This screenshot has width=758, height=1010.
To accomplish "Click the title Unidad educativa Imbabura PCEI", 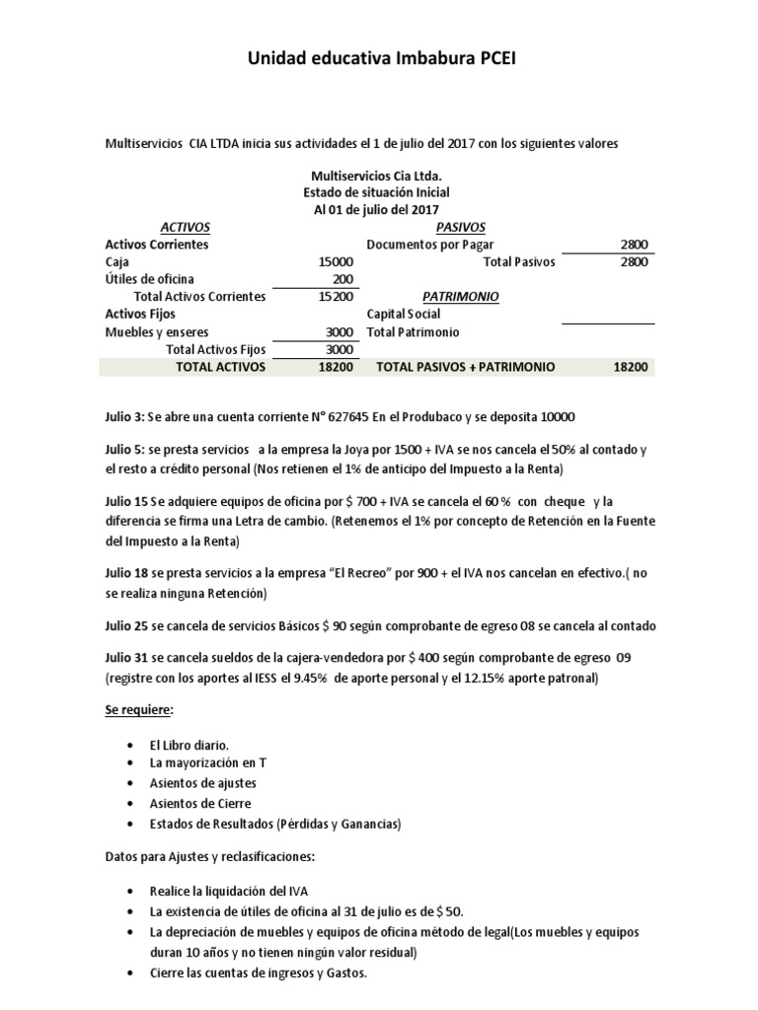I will pos(380,60).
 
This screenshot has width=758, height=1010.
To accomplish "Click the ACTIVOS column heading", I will pos(186,227).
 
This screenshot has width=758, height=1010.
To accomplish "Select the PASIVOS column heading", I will pos(449,227).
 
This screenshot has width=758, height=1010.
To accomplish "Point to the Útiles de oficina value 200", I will pos(342,279).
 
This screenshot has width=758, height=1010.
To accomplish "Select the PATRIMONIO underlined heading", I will pos(460,297).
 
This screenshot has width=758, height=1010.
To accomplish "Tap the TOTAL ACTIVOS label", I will pos(220,367).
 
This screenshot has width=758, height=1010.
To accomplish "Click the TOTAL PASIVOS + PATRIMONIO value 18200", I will pos(631,367).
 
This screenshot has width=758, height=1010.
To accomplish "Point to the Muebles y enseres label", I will pos(157,332).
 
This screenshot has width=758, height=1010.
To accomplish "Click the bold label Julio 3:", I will pos(127,416).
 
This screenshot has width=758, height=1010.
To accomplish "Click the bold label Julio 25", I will pos(128,625).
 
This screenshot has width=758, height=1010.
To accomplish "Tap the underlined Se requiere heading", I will pos(139,710).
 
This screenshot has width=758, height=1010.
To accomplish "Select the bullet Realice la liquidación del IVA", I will pos(224,891).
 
